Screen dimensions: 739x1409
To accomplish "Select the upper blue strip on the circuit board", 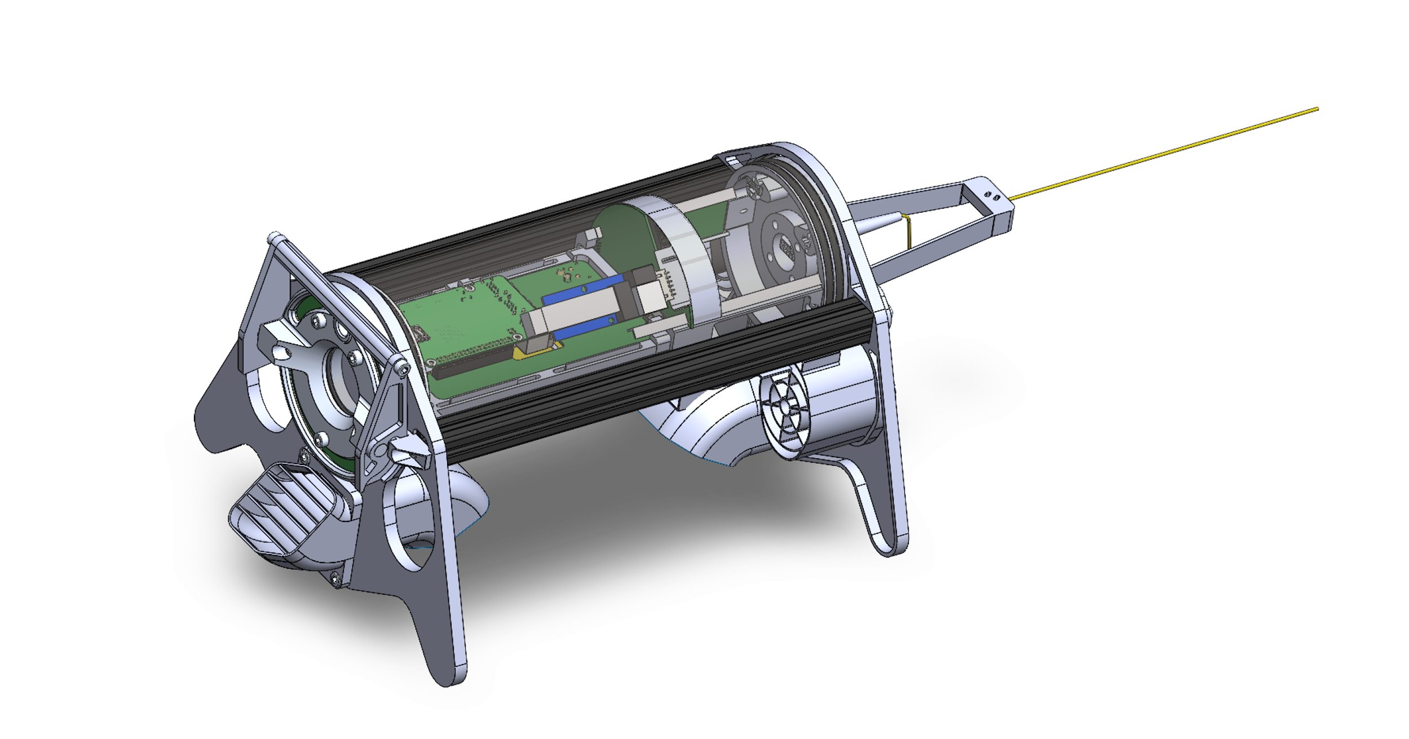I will (x=581, y=290).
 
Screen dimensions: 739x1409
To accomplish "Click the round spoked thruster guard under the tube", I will (x=784, y=403).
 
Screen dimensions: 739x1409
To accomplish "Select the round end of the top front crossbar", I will (x=275, y=236).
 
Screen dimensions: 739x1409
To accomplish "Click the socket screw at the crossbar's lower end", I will (x=401, y=368).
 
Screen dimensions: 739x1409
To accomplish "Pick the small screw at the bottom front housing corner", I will (x=336, y=577).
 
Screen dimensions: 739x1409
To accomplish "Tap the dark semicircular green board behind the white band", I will (x=626, y=237).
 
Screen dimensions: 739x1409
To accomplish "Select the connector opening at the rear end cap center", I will (x=787, y=246).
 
